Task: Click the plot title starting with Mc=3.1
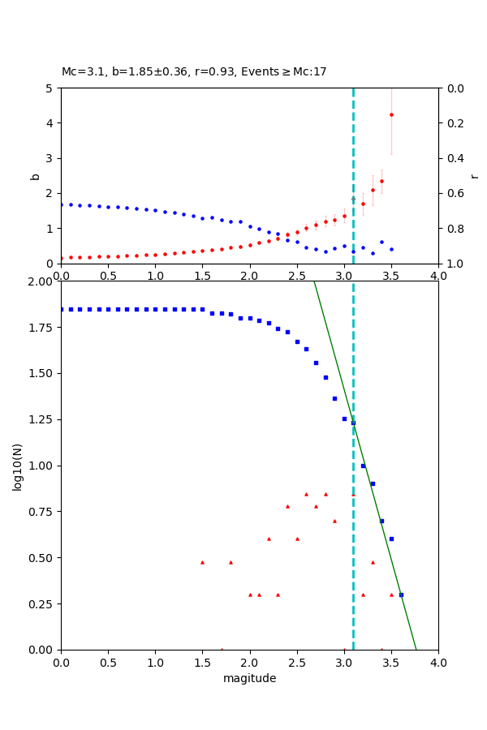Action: [194, 72]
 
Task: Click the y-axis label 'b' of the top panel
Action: [35, 175]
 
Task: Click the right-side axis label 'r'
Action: [474, 175]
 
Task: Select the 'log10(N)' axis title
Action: [17, 466]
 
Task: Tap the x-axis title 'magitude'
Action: [249, 678]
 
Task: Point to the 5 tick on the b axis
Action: [51, 88]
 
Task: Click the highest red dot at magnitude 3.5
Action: [391, 114]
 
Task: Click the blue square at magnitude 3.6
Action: [401, 595]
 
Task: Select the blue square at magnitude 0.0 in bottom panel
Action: [61, 309]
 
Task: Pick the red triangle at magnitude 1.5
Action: [202, 562]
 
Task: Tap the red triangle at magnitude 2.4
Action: [287, 506]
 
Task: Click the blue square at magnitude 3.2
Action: [363, 466]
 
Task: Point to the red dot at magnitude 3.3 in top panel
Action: [373, 190]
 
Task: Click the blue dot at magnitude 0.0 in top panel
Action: [61, 204]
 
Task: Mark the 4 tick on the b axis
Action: [51, 123]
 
